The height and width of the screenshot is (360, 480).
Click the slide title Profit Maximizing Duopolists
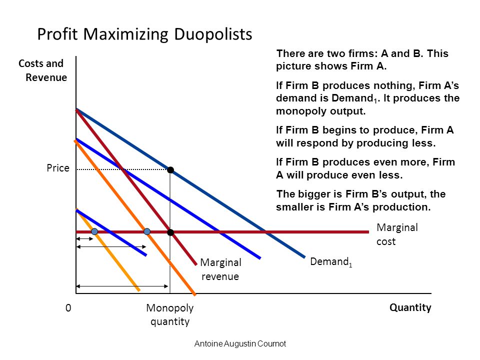point(144,34)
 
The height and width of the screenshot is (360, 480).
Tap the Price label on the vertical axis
point(58,168)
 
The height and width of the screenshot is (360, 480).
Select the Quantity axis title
point(410,307)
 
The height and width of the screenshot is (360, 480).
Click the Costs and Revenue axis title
point(42,70)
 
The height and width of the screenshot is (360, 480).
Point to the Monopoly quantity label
point(170,314)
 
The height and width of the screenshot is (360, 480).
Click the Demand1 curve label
point(331,262)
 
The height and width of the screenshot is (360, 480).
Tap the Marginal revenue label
point(220,269)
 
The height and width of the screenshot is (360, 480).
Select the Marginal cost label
point(397,234)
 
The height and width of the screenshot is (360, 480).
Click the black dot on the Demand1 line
point(170,170)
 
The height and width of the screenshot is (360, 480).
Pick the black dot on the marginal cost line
point(170,232)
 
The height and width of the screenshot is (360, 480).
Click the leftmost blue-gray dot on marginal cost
point(94,231)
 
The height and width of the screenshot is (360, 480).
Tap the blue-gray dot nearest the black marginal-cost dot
point(147,231)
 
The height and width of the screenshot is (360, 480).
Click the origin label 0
point(68,308)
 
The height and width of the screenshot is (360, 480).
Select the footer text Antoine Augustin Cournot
point(240,344)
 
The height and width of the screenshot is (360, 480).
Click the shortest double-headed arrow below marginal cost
point(84,239)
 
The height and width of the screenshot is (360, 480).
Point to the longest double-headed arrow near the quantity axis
point(122,286)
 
